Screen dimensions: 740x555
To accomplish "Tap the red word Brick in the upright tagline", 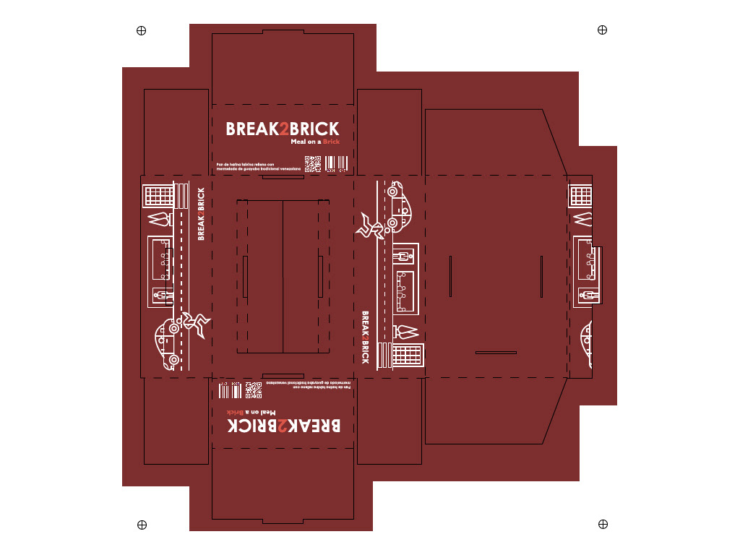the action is click(x=332, y=142).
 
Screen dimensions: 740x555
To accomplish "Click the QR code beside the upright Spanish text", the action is click(x=312, y=165).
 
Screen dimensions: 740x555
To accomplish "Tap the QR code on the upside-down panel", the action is click(x=254, y=390).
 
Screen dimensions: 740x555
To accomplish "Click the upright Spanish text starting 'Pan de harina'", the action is click(x=254, y=168).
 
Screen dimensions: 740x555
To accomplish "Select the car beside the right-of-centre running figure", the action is click(x=398, y=206).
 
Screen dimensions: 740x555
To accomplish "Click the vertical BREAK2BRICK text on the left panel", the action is click(x=201, y=214).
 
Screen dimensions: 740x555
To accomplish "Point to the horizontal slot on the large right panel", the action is click(x=496, y=352).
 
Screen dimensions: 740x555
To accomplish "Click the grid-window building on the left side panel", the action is click(x=159, y=195).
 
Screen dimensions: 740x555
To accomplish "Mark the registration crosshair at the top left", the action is click(x=142, y=30).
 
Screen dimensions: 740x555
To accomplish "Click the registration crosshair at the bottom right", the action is click(x=603, y=524).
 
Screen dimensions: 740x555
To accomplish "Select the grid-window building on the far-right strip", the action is click(x=581, y=195).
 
